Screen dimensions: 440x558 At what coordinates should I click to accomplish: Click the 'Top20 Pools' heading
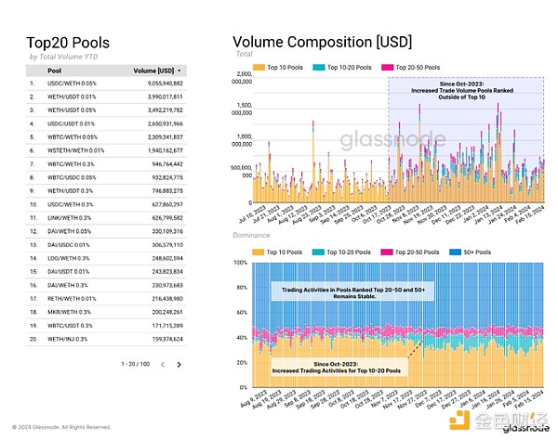pos(68,42)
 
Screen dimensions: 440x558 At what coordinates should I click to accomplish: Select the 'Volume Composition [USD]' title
pos(322,42)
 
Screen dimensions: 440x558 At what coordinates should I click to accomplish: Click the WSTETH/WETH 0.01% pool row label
pos(76,149)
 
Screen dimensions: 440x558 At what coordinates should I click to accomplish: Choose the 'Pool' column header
pos(55,70)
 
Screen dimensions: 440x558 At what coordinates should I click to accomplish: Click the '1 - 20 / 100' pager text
pos(133,365)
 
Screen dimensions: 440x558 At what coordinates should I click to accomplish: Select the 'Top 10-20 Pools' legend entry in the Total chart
pos(344,68)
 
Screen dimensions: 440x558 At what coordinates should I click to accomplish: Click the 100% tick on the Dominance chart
pos(240,263)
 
